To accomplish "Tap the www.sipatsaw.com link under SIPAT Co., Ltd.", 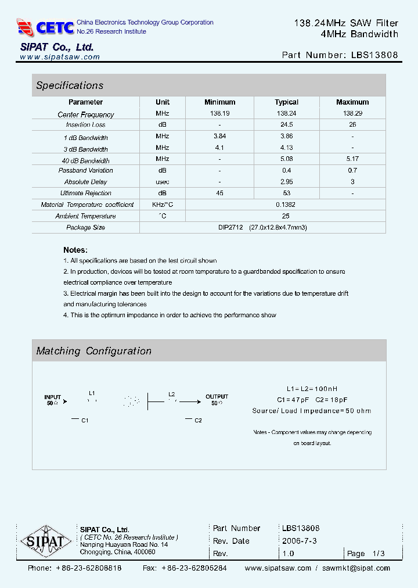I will [x=60, y=57].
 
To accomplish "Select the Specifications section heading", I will [x=70, y=85].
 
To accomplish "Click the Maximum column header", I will [x=352, y=102].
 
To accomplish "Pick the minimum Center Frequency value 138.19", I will [x=219, y=114].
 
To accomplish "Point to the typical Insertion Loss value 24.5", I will [x=286, y=125].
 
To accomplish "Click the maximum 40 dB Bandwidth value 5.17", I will [x=352, y=159].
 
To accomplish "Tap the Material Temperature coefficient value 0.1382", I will [x=286, y=205].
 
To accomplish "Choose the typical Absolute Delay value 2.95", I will [x=286, y=182].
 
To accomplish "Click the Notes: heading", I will [x=75, y=249].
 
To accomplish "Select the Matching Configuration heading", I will [x=93, y=351].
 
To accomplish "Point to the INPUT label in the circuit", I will [x=53, y=397].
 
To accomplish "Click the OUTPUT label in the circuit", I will [x=217, y=397].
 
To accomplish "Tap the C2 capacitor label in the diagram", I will [x=198, y=420].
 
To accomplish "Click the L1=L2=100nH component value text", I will [x=312, y=389].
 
